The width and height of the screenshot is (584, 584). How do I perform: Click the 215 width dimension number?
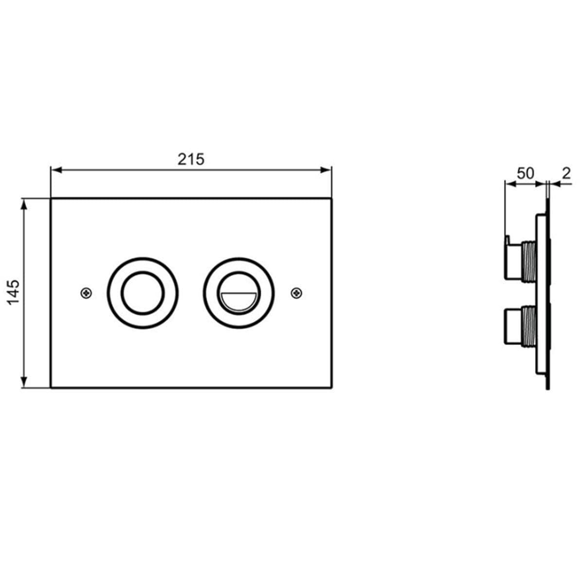[x=191, y=159]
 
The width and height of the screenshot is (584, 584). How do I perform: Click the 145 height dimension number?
[x=14, y=292]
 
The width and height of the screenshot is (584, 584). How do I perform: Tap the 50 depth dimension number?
[x=525, y=173]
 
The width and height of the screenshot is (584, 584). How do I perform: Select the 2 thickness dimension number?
[x=566, y=173]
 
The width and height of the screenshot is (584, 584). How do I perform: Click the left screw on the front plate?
[x=86, y=293]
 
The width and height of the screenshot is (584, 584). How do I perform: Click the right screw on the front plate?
[x=296, y=293]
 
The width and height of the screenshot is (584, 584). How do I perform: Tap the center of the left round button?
[x=143, y=293]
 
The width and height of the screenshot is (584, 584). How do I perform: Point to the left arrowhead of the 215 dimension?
[x=56, y=170]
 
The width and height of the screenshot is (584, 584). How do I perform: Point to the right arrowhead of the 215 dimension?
[x=325, y=170]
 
